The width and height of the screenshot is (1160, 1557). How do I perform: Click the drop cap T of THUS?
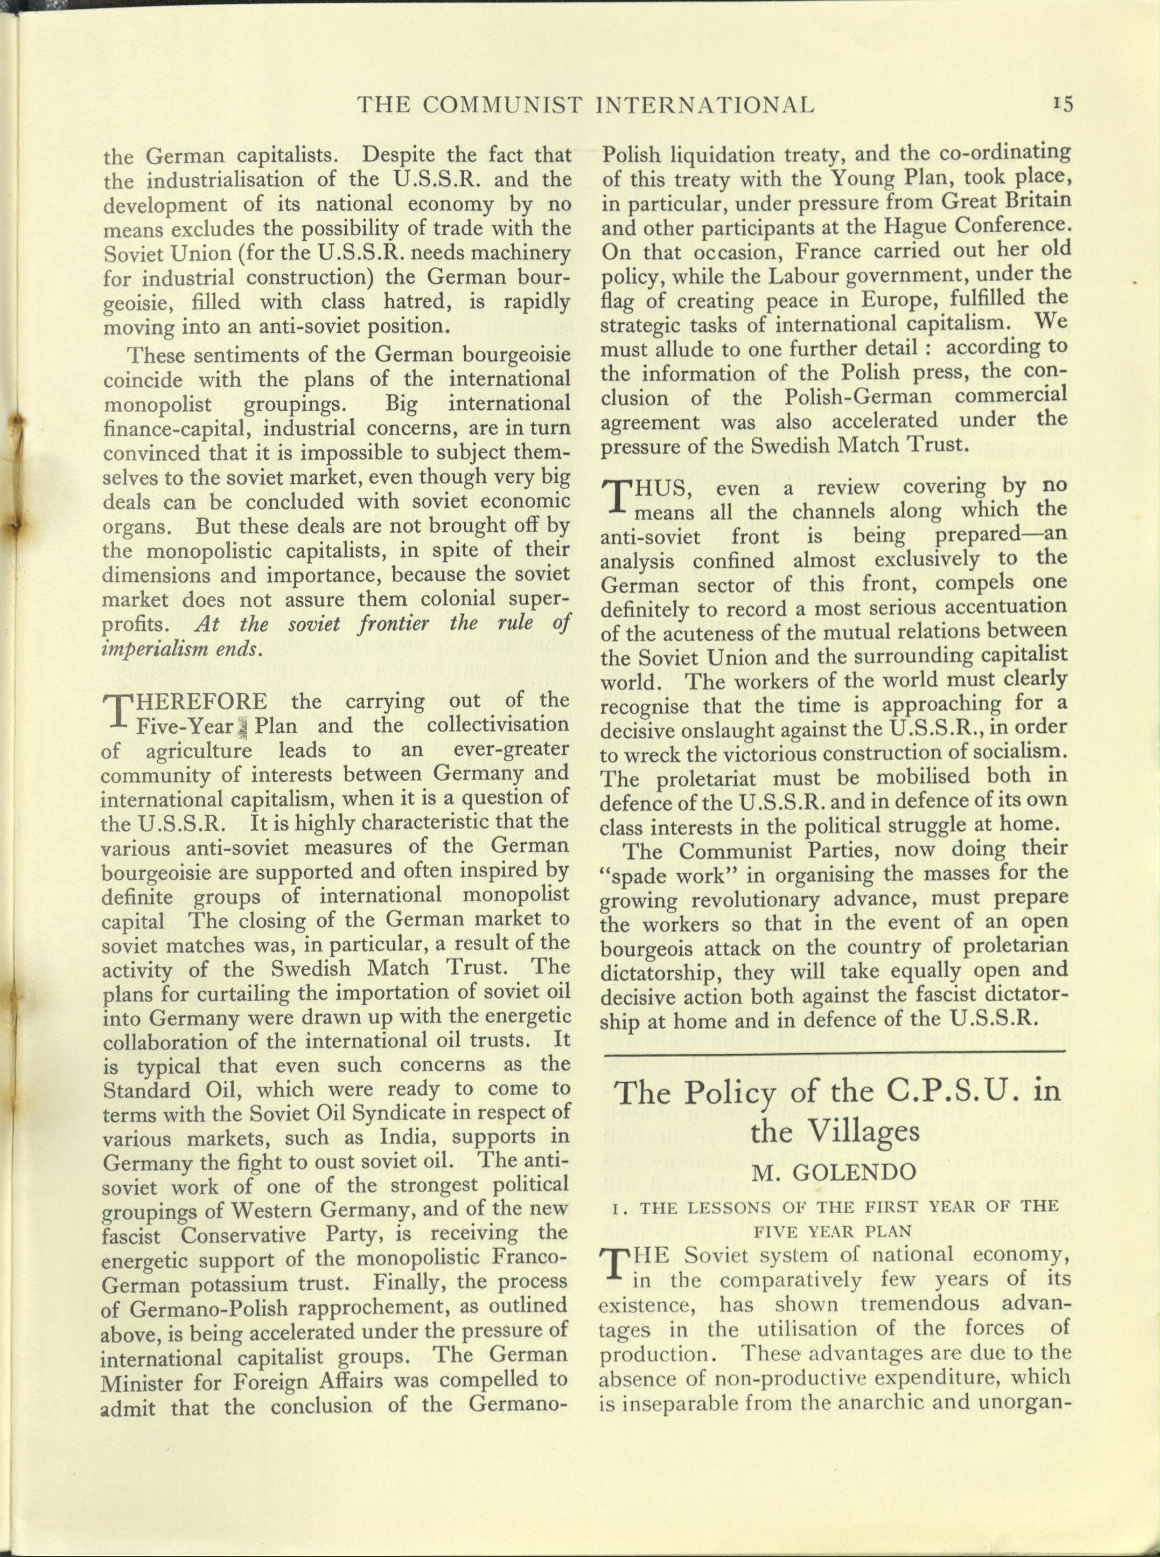tap(614, 495)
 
